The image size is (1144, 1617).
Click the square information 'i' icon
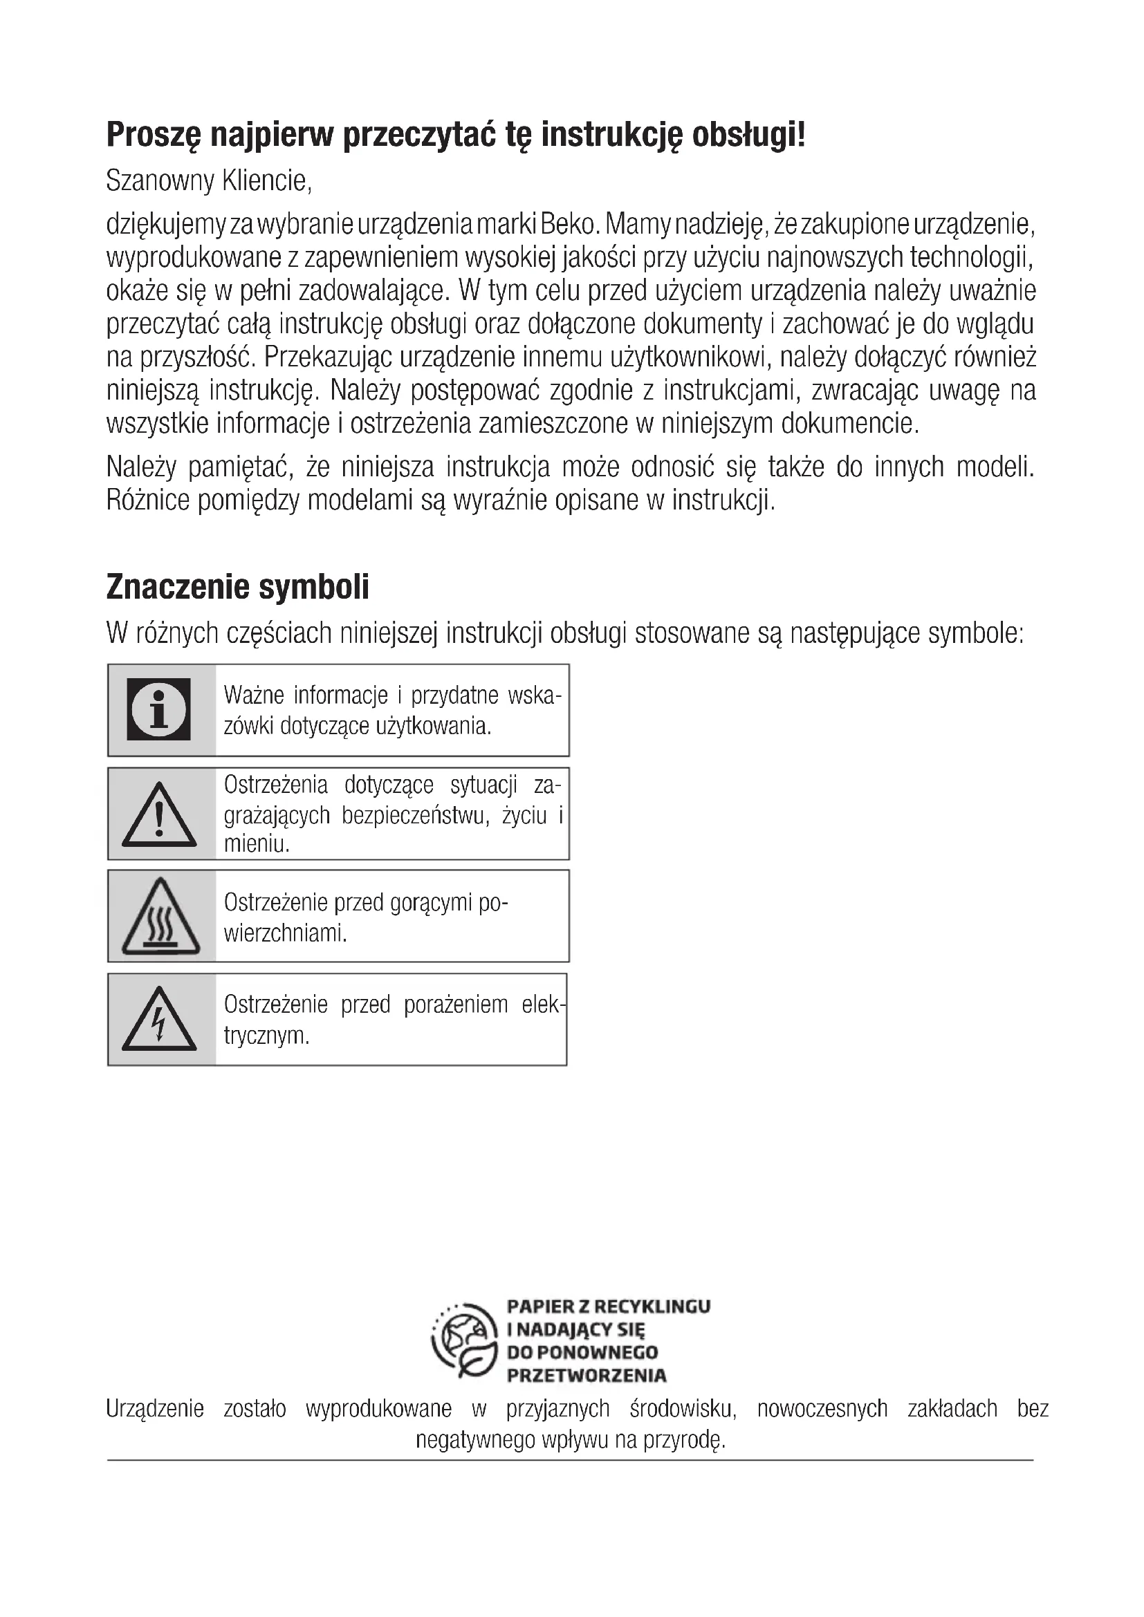(158, 709)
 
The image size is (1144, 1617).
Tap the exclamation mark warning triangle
(159, 816)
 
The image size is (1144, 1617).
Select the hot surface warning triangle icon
(160, 917)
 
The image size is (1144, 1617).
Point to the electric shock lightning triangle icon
(159, 1020)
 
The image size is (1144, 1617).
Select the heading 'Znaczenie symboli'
(237, 587)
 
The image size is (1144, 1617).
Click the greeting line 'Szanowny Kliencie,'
(208, 181)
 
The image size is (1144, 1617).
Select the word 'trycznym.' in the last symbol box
(266, 1036)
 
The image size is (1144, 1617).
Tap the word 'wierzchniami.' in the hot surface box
(285, 933)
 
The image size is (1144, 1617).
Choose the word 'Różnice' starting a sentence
(148, 500)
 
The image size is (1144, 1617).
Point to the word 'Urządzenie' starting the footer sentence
(155, 1408)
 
